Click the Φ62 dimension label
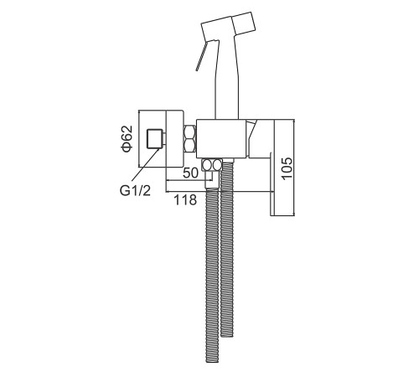127,139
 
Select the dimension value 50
190,173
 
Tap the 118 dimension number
185,200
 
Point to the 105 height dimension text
287,168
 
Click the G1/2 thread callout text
135,191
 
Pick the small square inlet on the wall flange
156,139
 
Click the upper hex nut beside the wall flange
190,132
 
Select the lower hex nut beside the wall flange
190,145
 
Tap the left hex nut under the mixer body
207,165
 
